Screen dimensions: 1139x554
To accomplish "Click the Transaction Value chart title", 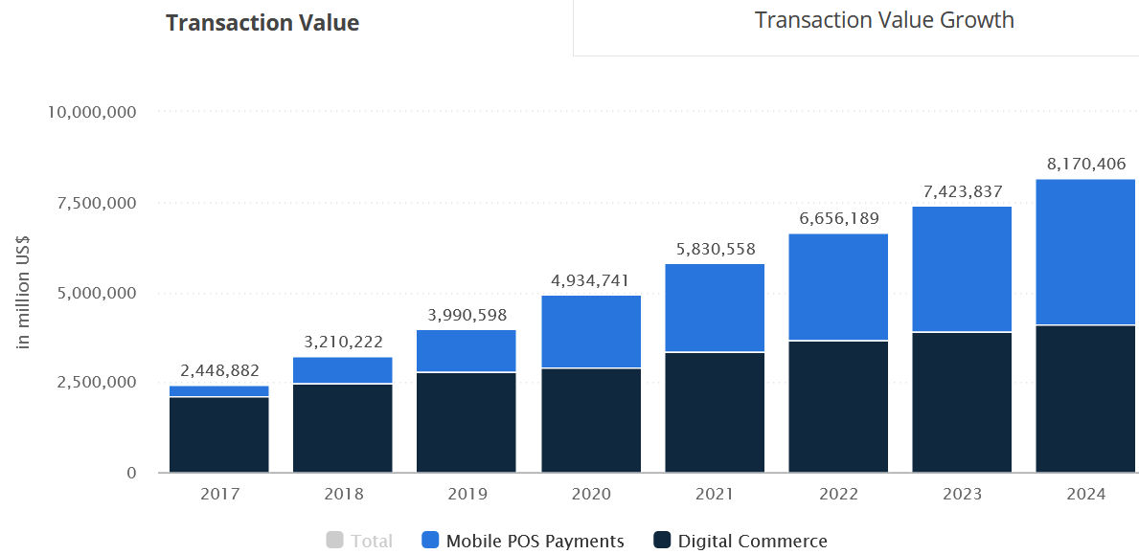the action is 262,22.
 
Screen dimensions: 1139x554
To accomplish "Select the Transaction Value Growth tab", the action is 884,20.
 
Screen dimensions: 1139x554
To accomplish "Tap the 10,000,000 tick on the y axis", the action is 92,112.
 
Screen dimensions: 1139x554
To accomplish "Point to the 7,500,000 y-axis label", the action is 96,203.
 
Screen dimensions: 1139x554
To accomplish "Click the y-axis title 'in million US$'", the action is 24,292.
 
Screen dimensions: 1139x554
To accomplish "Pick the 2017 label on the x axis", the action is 218,495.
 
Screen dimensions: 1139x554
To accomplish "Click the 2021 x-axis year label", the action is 714,495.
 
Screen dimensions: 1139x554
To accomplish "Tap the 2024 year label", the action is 1085,495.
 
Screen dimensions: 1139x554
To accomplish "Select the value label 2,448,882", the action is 219,370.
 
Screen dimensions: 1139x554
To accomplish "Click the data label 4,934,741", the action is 590,280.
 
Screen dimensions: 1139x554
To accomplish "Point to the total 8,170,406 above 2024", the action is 1085,164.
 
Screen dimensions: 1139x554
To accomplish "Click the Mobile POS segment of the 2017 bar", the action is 219,391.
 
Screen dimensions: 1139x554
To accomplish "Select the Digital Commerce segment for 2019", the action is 467,423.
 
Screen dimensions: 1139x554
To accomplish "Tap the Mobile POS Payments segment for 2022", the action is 838,287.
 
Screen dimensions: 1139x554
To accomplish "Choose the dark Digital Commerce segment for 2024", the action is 1085,399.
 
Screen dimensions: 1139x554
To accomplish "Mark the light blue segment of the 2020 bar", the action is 590,332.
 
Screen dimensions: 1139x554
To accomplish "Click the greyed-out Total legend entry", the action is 359,541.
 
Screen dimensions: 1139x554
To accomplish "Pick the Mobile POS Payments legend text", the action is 535,541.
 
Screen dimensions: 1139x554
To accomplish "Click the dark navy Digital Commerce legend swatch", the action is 661,541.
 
